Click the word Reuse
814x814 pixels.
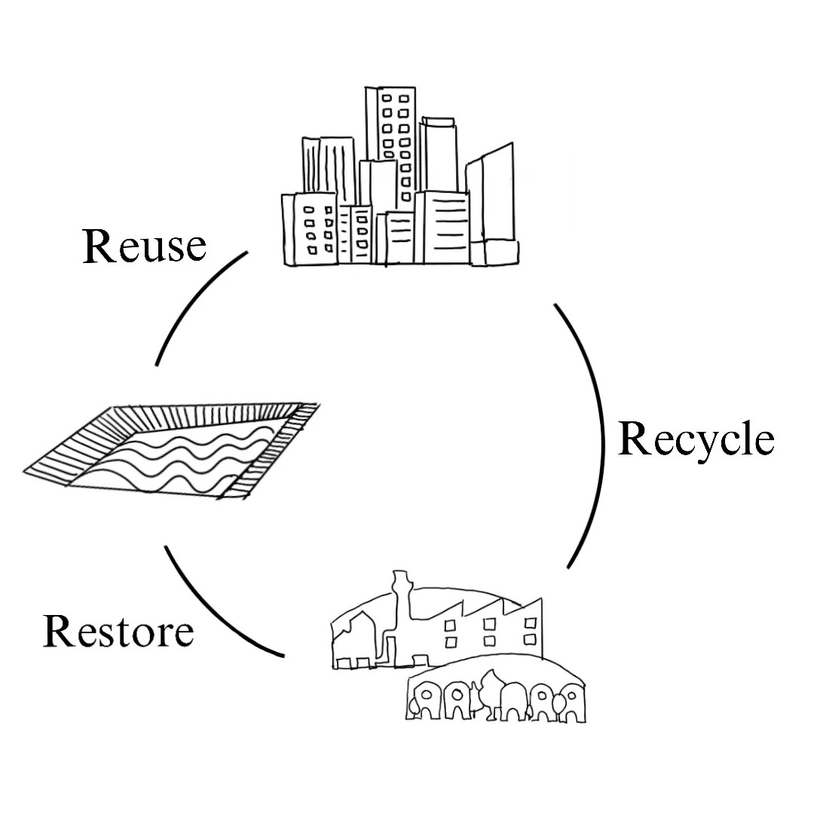[x=143, y=246]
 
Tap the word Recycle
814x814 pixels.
[x=696, y=440]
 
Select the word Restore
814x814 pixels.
[x=118, y=632]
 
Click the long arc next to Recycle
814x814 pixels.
[x=599, y=437]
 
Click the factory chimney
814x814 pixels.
[x=402, y=603]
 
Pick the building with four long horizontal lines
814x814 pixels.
[x=445, y=226]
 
